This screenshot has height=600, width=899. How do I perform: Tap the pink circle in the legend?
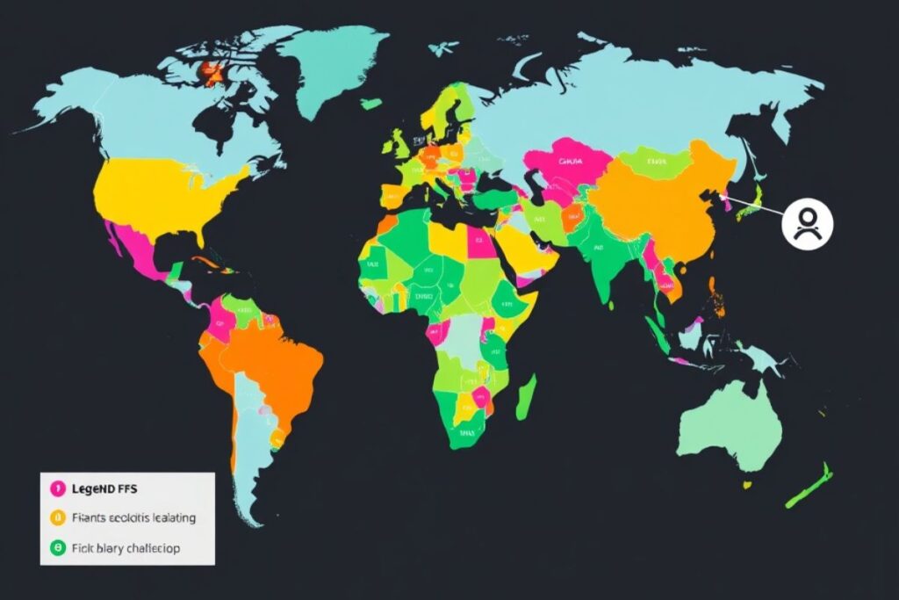[54, 486]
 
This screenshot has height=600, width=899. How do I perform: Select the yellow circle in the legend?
[54, 517]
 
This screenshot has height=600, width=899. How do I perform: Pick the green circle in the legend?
[54, 547]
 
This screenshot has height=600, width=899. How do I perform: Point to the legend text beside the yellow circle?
[134, 517]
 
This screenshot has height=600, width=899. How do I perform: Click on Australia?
[726, 425]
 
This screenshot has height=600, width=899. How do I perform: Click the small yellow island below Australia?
[747, 483]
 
